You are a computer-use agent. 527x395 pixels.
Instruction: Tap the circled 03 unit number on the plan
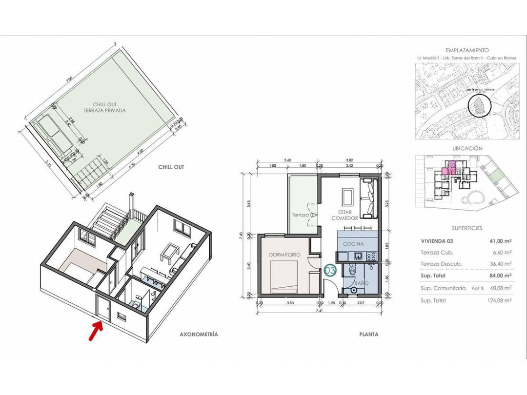pyautogui.click(x=330, y=270)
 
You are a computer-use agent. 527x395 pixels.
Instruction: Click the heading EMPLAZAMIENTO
pyautogui.click(x=467, y=50)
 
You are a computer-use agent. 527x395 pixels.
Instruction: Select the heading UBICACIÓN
pyautogui.click(x=467, y=148)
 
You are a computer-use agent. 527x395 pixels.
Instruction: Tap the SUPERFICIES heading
pyautogui.click(x=467, y=228)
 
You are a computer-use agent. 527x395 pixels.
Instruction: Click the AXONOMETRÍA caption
pyautogui.click(x=199, y=335)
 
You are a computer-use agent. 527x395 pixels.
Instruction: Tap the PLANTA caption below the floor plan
pyautogui.click(x=369, y=335)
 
